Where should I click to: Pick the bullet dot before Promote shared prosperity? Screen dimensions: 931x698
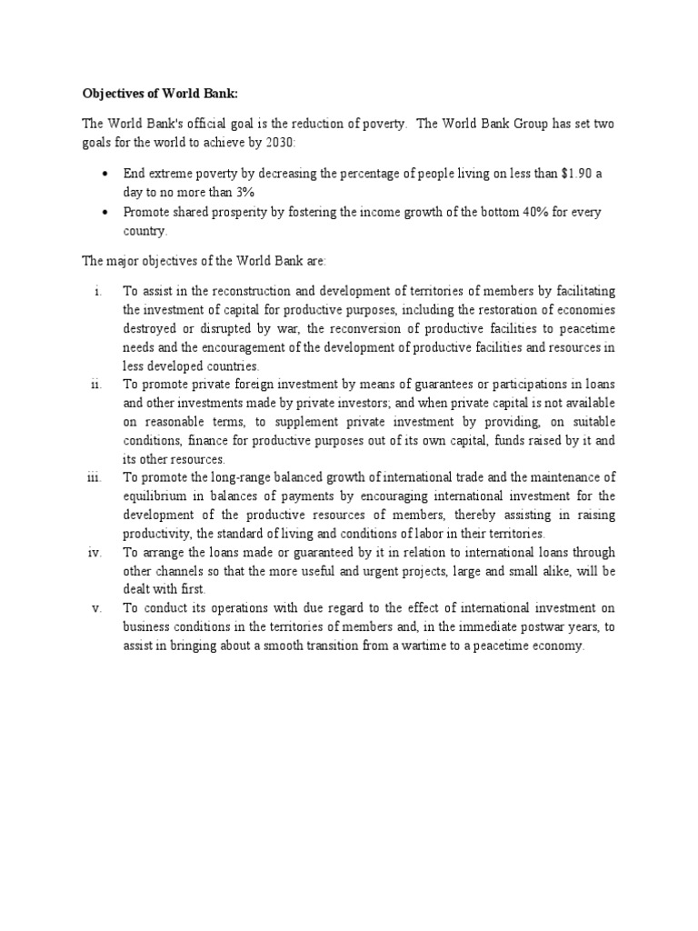click(107, 212)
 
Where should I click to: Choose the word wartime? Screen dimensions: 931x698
click(426, 646)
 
